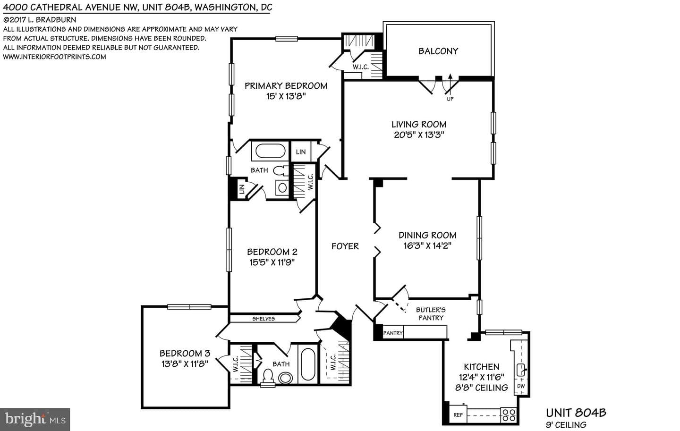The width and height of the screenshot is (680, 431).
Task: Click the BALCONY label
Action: tap(438, 51)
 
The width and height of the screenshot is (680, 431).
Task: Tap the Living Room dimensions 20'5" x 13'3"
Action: tap(419, 135)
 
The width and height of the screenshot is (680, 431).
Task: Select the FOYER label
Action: tap(345, 246)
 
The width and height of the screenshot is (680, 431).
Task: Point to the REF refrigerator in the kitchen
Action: tap(458, 414)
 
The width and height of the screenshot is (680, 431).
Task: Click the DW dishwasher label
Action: tap(521, 386)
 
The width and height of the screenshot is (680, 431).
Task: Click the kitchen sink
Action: tap(521, 370)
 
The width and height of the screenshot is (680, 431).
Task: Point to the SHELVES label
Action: tap(263, 319)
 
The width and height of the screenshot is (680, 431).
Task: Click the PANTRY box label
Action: tap(393, 333)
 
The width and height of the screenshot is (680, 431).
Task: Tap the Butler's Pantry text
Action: tap(431, 314)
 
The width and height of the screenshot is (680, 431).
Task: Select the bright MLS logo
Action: tap(35, 420)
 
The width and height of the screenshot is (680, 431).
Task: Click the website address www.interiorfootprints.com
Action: tap(55, 57)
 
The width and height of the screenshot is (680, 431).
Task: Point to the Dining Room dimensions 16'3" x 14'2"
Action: tap(427, 245)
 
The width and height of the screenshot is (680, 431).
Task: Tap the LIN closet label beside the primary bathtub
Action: tap(300, 152)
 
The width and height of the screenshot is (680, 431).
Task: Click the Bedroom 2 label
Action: tap(272, 252)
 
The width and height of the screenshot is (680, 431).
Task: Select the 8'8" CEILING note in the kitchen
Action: tap(482, 388)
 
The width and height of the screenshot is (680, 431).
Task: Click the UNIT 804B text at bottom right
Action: tap(576, 413)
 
